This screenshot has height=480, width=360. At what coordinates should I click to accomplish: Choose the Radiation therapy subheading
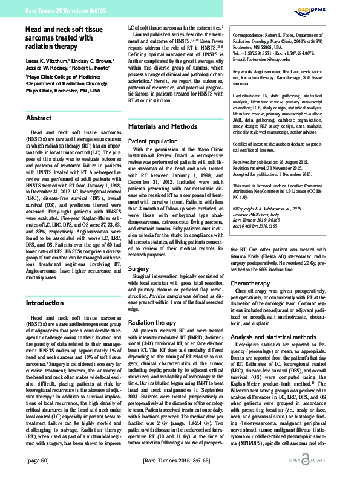click(x=154, y=323)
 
